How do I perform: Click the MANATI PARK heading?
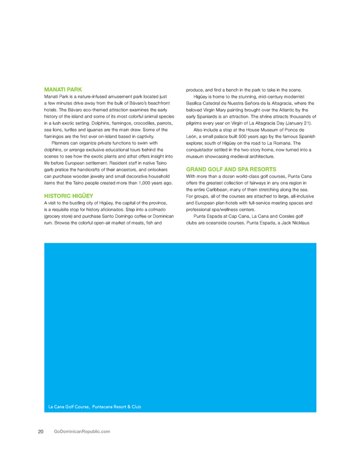(x=63, y=89)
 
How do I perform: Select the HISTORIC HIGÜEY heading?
(x=67, y=195)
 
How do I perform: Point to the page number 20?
(x=41, y=431)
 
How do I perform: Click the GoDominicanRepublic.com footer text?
(x=82, y=431)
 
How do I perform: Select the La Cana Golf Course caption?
(x=94, y=406)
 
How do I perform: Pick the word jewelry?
(x=87, y=176)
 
